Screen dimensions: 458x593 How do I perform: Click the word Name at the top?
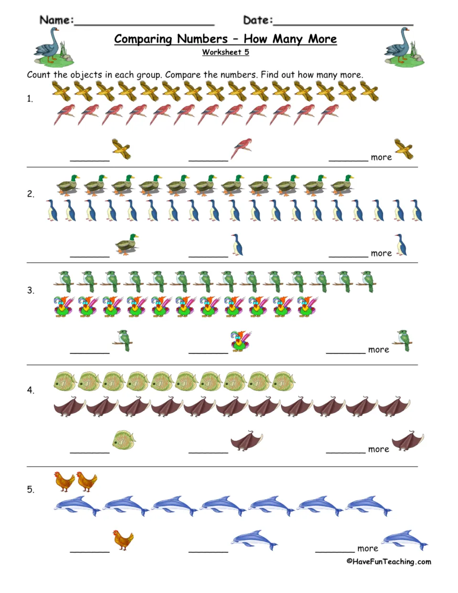[x=56, y=20]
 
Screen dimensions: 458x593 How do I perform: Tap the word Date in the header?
[x=258, y=20]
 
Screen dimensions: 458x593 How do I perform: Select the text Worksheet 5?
[x=226, y=52]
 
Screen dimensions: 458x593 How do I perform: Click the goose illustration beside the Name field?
[x=54, y=47]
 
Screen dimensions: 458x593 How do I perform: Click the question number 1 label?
[x=30, y=99]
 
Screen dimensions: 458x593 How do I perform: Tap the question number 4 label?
[x=31, y=390]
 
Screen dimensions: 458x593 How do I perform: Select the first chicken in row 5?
[x=64, y=482]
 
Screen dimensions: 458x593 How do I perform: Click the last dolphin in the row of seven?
[x=368, y=506]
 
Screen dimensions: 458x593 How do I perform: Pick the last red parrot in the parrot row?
[x=328, y=114]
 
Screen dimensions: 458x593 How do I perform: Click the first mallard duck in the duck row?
[x=68, y=185]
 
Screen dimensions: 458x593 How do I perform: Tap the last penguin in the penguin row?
[x=416, y=210]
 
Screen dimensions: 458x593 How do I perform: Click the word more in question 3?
[x=378, y=350]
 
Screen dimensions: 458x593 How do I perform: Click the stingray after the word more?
[x=408, y=441]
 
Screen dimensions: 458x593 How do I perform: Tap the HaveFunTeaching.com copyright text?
[x=389, y=562]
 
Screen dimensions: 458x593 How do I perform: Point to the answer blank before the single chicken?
[x=90, y=552]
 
